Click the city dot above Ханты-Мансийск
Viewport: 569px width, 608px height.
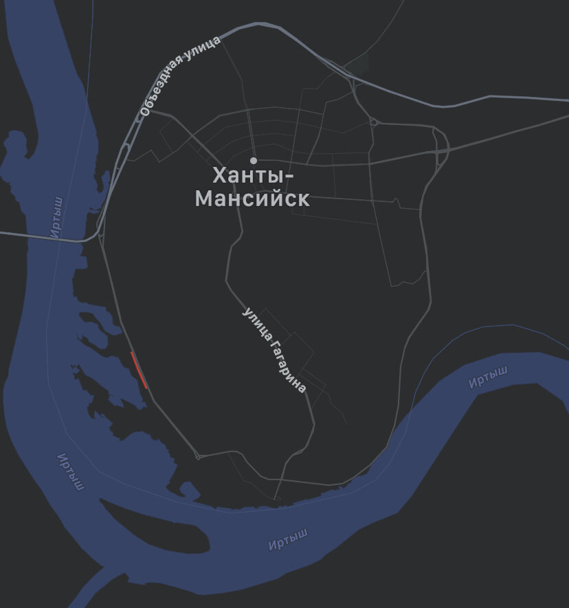pos(254,161)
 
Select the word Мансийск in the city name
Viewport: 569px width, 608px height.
pos(252,200)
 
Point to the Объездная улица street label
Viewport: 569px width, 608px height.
pos(180,76)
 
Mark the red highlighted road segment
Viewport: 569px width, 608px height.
pos(139,370)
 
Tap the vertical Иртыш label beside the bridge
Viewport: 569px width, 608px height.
pos(57,217)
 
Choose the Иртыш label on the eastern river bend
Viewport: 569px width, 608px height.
pos(488,377)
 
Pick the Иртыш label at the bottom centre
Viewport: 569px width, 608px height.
pos(288,539)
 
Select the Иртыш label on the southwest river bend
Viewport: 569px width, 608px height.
pos(71,472)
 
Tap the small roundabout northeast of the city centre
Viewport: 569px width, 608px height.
pos(374,123)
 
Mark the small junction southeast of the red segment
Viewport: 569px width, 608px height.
pos(198,455)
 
